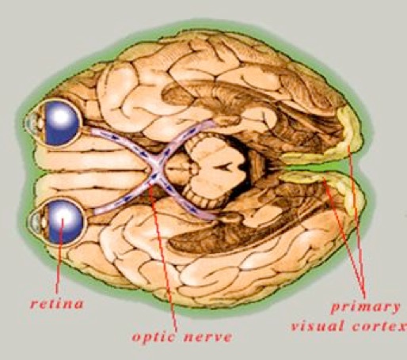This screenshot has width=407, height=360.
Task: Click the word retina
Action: click(57, 304)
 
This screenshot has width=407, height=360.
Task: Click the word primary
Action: click(365, 308)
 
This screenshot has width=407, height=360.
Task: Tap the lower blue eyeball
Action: click(65, 222)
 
